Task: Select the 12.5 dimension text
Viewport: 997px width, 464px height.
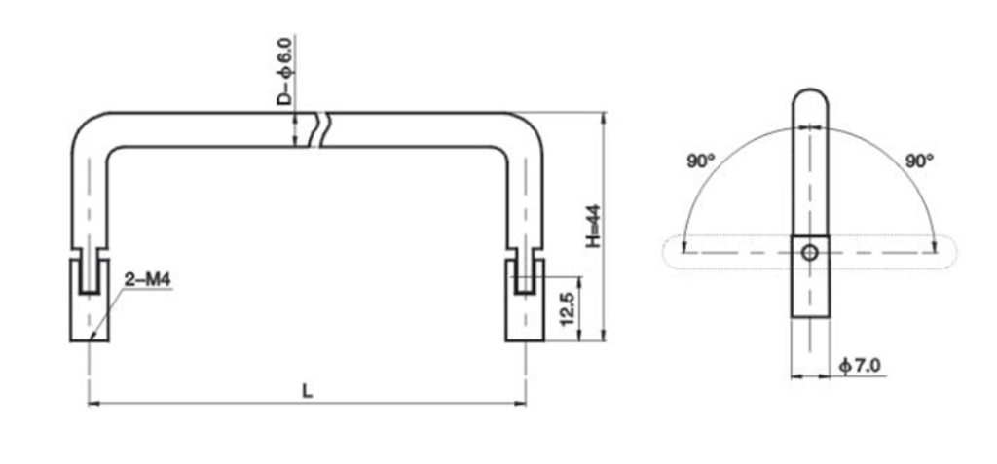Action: pyautogui.click(x=565, y=307)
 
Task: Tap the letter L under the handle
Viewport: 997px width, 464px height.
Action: pyautogui.click(x=308, y=391)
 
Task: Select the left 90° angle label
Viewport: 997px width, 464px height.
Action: pyautogui.click(x=699, y=161)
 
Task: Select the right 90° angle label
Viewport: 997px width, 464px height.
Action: pyautogui.click(x=918, y=161)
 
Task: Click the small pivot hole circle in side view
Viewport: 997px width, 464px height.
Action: pyautogui.click(x=809, y=253)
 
